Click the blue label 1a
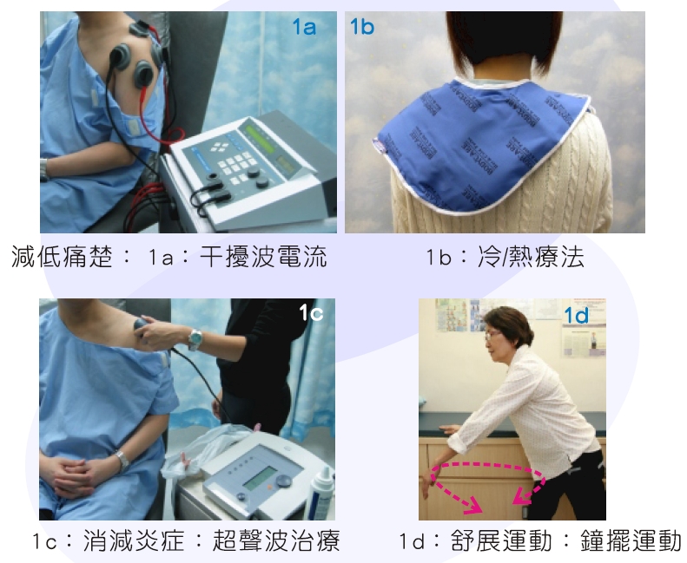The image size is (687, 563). click(x=304, y=27)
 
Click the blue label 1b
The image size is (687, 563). click(x=362, y=27)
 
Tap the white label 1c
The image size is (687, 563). click(x=312, y=313)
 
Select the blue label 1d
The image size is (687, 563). click(x=576, y=316)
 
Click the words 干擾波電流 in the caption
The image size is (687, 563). click(x=263, y=257)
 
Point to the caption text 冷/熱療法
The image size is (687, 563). click(x=531, y=257)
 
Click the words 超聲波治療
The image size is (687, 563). click(x=276, y=540)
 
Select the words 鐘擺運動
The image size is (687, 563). click(x=631, y=540)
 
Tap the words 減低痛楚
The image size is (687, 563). click(x=62, y=257)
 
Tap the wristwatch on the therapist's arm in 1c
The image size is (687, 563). click(x=195, y=338)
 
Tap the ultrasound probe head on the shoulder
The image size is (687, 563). click(x=141, y=329)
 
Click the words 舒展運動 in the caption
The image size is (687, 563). click(x=501, y=540)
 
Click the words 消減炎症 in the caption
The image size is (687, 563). click(x=134, y=540)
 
